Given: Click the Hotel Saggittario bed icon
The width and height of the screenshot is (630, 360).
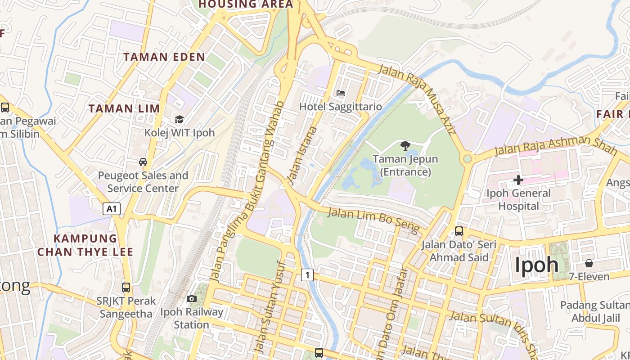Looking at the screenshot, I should pyautogui.click(x=341, y=93).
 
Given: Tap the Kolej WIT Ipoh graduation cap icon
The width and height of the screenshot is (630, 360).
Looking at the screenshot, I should pyautogui.click(x=179, y=119).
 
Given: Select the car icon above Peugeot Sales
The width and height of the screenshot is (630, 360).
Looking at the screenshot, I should pyautogui.click(x=143, y=162).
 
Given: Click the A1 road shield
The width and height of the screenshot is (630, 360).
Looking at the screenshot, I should pyautogui.click(x=112, y=208).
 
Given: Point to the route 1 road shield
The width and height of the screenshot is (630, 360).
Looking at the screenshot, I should pyautogui.click(x=307, y=274).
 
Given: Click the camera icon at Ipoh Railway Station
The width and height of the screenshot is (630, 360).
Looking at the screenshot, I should pyautogui.click(x=192, y=298).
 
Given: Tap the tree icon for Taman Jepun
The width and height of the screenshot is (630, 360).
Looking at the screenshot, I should pyautogui.click(x=405, y=145).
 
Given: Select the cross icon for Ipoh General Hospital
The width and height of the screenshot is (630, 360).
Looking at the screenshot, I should pyautogui.click(x=518, y=180).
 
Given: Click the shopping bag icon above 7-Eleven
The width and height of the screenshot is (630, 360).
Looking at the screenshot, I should pyautogui.click(x=589, y=263).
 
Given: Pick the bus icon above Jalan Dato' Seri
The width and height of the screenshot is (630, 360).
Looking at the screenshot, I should pyautogui.click(x=459, y=231).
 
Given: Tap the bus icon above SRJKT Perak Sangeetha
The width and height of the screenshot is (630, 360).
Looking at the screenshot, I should pyautogui.click(x=126, y=287).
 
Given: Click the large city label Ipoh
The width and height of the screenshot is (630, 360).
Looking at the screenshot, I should pyautogui.click(x=536, y=265).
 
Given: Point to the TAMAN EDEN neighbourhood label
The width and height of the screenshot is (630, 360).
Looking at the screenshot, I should pyautogui.click(x=164, y=57).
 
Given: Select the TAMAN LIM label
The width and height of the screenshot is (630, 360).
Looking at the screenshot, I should pyautogui.click(x=124, y=108).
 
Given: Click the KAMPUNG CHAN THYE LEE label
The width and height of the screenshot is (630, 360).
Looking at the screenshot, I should pyautogui.click(x=85, y=245).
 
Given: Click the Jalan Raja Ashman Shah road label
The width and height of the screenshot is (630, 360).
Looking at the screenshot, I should pyautogui.click(x=555, y=145).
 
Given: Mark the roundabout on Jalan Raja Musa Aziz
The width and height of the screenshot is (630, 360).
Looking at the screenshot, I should pyautogui.click(x=468, y=158).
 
